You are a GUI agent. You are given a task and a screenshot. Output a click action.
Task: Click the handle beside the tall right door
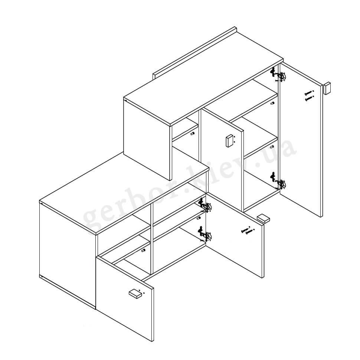[x=327, y=88]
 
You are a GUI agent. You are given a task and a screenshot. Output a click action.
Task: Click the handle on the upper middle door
[x=229, y=141]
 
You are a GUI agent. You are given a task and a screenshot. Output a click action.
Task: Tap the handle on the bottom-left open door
[x=135, y=294]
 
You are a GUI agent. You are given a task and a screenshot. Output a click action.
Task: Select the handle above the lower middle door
[x=263, y=218]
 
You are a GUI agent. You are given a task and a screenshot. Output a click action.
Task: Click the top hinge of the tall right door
[x=278, y=75]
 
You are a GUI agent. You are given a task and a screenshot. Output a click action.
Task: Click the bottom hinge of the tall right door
[x=278, y=181]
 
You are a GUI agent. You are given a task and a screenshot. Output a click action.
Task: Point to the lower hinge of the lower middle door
[x=205, y=234]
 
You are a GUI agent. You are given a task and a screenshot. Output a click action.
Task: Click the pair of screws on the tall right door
[x=309, y=95]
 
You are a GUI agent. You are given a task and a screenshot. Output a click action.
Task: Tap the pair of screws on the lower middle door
[x=248, y=230]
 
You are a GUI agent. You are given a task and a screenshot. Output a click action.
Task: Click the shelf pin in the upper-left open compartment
[x=192, y=133]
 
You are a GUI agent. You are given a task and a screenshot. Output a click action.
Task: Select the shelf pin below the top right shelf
[x=272, y=103]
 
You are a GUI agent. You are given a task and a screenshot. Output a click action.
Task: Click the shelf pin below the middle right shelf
[x=272, y=147]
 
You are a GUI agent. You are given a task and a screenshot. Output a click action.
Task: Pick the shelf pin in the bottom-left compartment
[x=143, y=250]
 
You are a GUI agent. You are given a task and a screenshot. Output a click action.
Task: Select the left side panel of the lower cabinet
[x=68, y=255]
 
